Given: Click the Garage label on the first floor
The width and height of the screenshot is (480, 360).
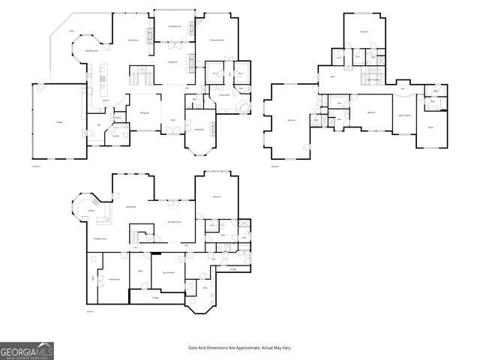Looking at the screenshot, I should pos(59,121).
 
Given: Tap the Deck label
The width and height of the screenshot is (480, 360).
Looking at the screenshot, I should pos(71,31).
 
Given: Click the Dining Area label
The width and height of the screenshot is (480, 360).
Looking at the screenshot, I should pos(144,113).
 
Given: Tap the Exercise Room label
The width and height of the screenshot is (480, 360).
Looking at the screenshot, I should pos(169,272).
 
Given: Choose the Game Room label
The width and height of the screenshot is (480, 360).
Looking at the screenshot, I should pos(130,206).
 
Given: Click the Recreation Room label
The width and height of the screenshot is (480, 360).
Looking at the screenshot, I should pos(174,223).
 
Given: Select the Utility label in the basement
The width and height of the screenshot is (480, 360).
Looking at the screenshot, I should pos(205,286).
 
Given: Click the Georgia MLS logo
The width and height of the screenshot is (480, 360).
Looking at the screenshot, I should pos(26,350).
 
